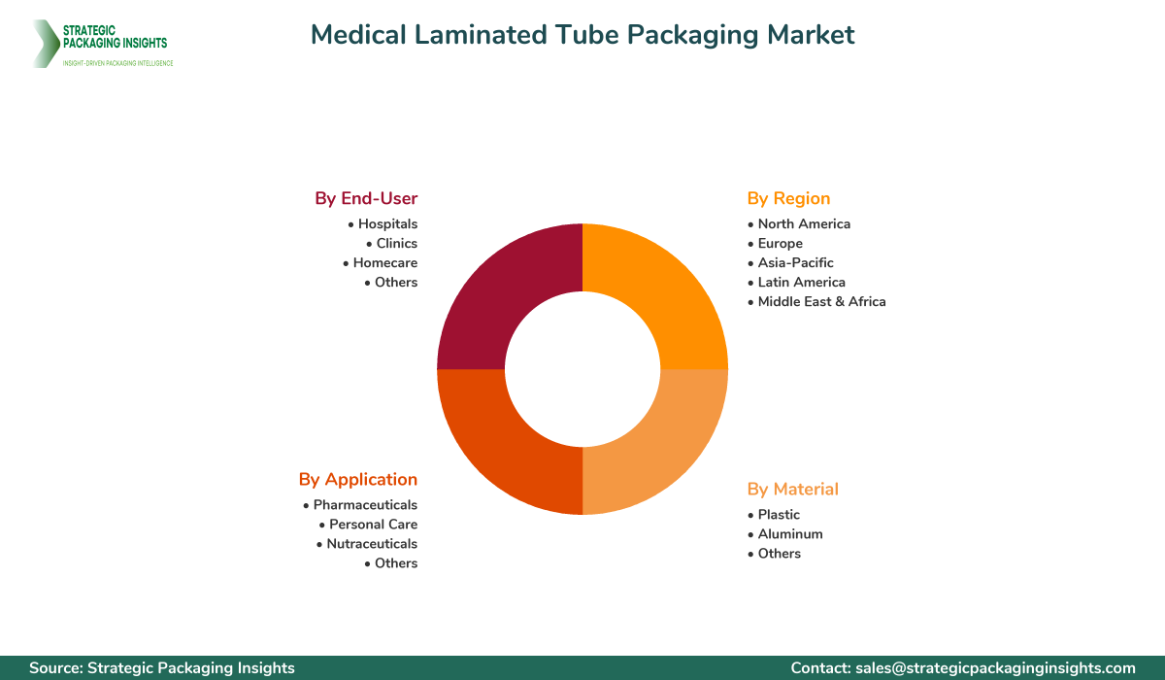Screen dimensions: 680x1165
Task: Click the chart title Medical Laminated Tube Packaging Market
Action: pyautogui.click(x=582, y=35)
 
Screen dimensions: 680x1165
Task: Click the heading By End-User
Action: pyautogui.click(x=366, y=198)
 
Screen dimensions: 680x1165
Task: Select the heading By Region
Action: pyautogui.click(x=788, y=198)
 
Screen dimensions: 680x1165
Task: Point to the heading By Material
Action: pyautogui.click(x=792, y=489)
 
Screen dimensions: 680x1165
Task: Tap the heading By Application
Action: pyautogui.click(x=358, y=479)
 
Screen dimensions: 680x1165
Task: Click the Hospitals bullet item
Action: pyautogui.click(x=386, y=223)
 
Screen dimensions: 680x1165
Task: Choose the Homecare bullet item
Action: pyautogui.click(x=384, y=262)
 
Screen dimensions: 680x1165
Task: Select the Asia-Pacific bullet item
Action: pyautogui.click(x=795, y=262)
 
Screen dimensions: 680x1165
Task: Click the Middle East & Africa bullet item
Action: pyautogui.click(x=821, y=301)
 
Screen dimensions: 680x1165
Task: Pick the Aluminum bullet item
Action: pyautogui.click(x=789, y=533)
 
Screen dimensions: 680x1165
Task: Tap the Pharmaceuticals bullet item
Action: pyautogui.click(x=365, y=504)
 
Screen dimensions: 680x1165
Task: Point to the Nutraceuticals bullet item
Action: pyautogui.click(x=371, y=543)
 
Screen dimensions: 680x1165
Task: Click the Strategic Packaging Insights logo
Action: pyautogui.click(x=102, y=44)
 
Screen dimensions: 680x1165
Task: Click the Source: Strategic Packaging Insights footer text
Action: pyautogui.click(x=162, y=667)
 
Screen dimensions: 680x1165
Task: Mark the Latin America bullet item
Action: pyautogui.click(x=801, y=282)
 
